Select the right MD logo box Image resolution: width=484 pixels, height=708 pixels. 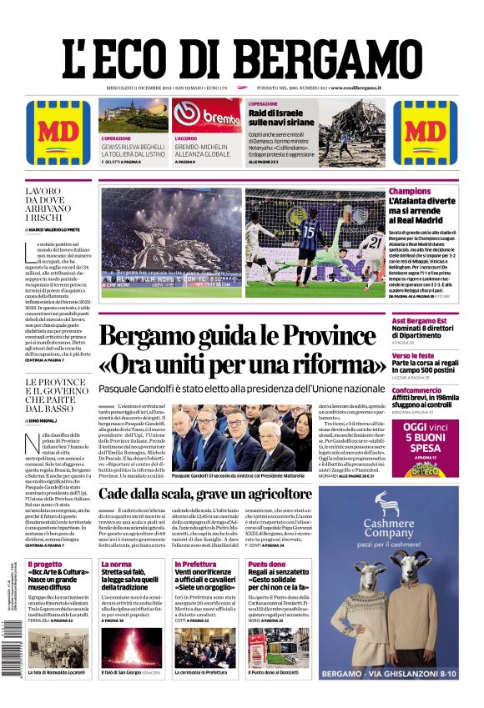point(426,133)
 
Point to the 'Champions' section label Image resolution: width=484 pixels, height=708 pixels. point(410,192)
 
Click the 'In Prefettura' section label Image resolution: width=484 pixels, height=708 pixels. point(195,565)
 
